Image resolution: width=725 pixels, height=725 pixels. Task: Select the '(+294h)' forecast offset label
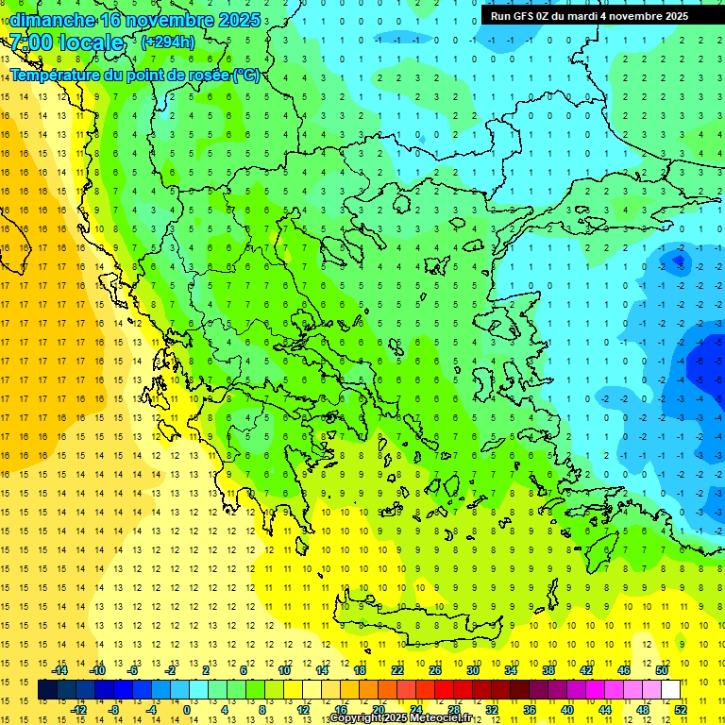[168, 42]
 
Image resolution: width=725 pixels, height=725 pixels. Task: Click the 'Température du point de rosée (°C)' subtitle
[134, 75]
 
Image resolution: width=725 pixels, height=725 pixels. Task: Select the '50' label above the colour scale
[661, 670]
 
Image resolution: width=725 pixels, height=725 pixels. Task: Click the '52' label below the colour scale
[681, 709]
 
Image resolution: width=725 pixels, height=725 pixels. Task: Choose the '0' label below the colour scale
[187, 709]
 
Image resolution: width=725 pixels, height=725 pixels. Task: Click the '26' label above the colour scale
[435, 670]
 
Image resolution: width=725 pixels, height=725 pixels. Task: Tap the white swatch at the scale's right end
[670, 690]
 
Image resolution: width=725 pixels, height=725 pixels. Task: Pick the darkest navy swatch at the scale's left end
[47, 690]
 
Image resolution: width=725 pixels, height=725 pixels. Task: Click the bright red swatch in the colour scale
[444, 690]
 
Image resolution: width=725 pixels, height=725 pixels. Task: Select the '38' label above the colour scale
[548, 670]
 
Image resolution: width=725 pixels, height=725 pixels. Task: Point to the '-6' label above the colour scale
[132, 670]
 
